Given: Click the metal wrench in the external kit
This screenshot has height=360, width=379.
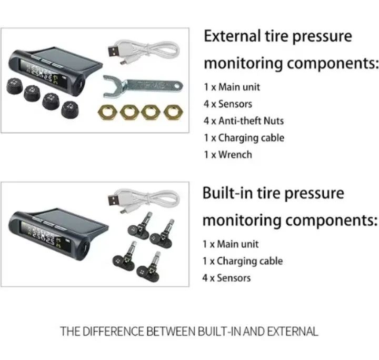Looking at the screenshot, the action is point(143,86).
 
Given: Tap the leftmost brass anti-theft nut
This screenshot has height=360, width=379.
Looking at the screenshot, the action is point(107,112).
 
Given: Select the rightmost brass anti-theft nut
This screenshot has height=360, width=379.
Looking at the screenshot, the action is point(173,112).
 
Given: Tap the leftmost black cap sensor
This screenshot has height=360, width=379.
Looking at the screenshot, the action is point(15,86).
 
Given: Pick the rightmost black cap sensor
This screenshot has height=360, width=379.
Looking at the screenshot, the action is point(70,109).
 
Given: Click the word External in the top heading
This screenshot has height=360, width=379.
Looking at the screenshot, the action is point(232,36).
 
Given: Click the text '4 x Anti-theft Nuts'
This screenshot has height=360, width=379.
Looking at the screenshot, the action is point(244,121).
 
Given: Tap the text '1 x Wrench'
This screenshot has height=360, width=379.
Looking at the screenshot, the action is point(228,155).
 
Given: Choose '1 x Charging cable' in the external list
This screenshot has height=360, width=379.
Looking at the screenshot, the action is point(244,138).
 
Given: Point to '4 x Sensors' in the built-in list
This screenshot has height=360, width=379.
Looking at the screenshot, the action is point(226,278).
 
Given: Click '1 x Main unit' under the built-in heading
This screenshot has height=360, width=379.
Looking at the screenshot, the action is point(231,244).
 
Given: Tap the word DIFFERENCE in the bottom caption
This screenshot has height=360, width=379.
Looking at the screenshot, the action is point(113,331).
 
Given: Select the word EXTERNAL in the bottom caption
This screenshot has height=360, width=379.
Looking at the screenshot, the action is point(293,331).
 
